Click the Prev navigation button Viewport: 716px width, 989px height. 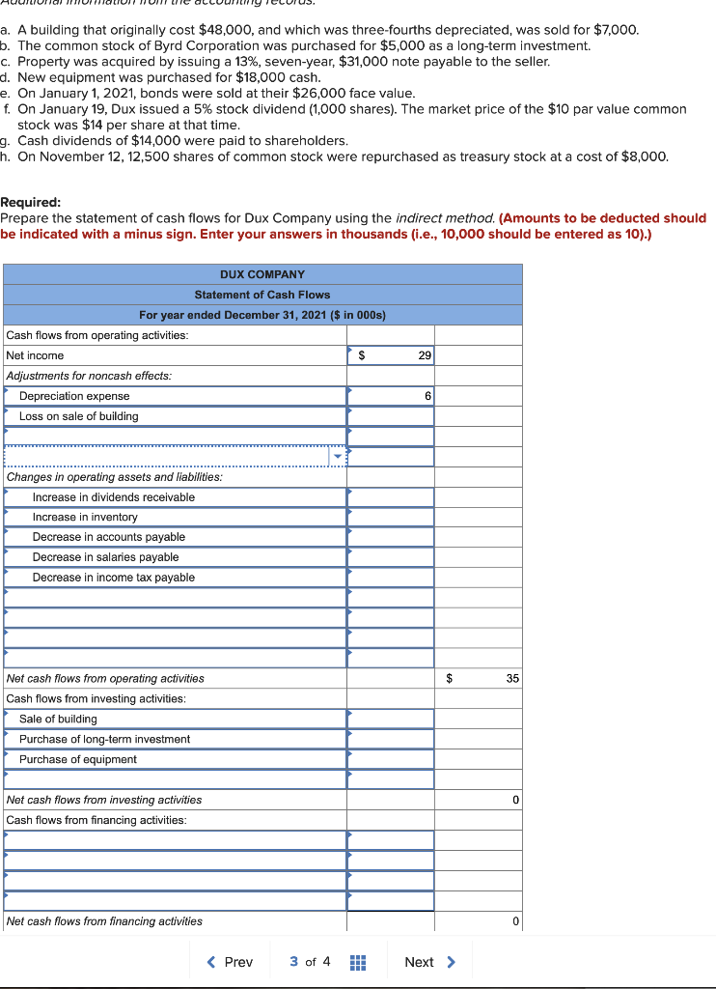click(230, 962)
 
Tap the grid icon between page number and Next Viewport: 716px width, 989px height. click(356, 962)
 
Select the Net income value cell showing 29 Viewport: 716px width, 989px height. click(391, 355)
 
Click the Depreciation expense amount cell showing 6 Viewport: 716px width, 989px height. click(391, 396)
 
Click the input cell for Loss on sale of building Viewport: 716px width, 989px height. click(391, 416)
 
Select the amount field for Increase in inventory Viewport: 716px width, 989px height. click(391, 517)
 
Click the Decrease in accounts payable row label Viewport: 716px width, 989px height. click(108, 537)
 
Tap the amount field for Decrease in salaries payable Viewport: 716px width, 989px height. click(391, 557)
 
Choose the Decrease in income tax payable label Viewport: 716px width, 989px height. click(113, 578)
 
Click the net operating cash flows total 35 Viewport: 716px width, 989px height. click(512, 679)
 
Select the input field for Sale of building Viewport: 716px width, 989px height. click(391, 719)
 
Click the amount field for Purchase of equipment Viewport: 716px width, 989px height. click(391, 759)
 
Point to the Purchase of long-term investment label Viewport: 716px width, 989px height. click(104, 739)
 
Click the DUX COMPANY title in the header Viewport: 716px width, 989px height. click(262, 274)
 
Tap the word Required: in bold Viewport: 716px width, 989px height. click(31, 203)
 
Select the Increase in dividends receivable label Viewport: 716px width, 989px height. click(113, 497)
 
